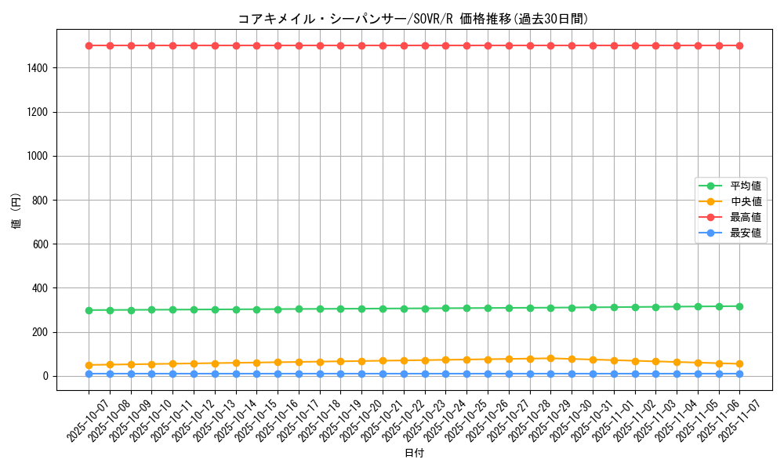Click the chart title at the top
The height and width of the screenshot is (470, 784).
[x=412, y=19]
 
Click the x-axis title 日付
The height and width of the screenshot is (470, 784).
[x=414, y=454]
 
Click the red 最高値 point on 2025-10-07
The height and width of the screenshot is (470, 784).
[x=89, y=45]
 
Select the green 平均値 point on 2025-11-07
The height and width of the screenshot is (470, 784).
[x=739, y=306]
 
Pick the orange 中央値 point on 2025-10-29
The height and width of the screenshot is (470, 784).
[x=550, y=358]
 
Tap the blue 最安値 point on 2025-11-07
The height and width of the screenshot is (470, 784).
[x=739, y=374]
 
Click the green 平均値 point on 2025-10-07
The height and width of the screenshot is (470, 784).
[x=89, y=310]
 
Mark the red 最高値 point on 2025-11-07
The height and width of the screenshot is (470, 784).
[x=739, y=45]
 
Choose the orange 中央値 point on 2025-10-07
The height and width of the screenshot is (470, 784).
[x=89, y=365]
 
